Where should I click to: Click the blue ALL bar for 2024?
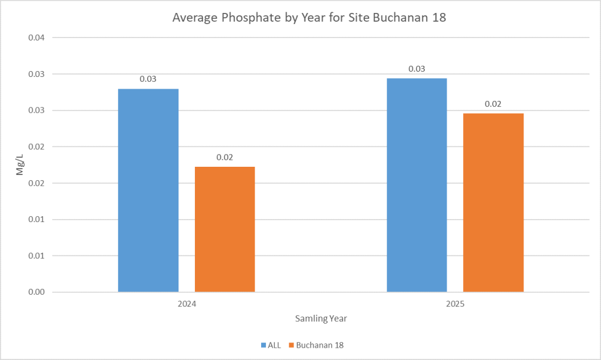click(x=148, y=190)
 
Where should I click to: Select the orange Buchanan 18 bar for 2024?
click(x=225, y=229)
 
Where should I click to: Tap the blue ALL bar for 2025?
click(x=417, y=185)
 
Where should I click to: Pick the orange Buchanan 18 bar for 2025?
click(x=493, y=203)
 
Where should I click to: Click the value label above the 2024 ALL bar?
click(x=148, y=79)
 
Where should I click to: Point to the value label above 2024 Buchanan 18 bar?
click(x=225, y=157)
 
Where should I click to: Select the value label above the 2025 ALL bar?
click(x=417, y=69)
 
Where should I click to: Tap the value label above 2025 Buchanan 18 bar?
click(x=493, y=104)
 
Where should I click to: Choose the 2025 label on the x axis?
click(x=455, y=305)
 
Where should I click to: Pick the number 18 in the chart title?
click(x=440, y=18)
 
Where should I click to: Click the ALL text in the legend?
click(x=274, y=345)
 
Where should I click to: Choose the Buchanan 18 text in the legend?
click(x=320, y=345)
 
